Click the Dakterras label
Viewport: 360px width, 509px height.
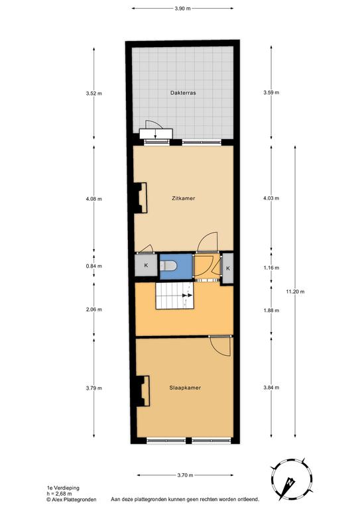183,93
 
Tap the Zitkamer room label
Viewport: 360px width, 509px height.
184,198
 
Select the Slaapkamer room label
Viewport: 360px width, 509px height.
185,388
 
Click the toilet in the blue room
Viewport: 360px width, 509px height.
169,266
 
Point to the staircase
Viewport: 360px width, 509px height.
174,296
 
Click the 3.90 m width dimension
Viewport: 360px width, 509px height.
182,9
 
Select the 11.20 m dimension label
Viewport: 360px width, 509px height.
295,292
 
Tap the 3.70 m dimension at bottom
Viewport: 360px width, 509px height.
185,475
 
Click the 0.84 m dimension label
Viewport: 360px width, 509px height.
94,266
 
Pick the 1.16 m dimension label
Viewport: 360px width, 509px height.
271,268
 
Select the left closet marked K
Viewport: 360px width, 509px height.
146,265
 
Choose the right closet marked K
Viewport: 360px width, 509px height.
228,268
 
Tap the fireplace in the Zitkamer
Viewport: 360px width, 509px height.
141,198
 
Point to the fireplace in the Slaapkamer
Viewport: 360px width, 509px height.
143,391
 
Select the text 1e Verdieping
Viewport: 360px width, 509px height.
63,488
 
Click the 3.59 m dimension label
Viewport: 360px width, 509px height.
271,93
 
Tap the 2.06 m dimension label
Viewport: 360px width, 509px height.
94,310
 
